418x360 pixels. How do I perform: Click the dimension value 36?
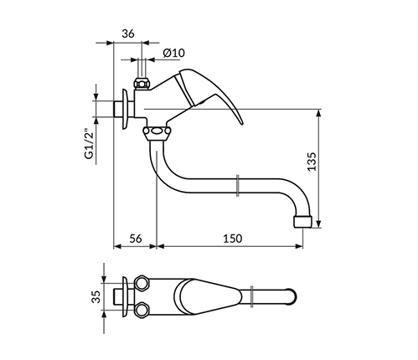128,33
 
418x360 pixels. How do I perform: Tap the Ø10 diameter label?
174,53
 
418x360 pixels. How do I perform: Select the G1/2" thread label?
90,144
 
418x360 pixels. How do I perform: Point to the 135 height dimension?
312,162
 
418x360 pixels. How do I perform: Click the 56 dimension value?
136,239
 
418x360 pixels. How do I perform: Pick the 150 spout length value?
233,239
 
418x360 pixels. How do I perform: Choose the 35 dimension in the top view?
96,296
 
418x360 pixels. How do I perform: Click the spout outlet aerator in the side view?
302,221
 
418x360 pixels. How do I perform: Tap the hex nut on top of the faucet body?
142,84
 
